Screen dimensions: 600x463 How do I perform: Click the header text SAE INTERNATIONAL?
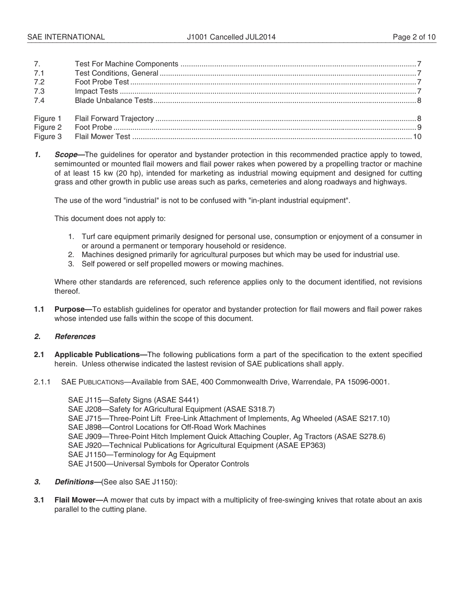click(x=66, y=37)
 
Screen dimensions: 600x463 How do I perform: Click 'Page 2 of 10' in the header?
click(x=414, y=37)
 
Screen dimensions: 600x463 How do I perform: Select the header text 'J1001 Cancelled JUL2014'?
click(x=231, y=37)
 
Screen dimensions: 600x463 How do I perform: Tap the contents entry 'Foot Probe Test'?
click(x=102, y=82)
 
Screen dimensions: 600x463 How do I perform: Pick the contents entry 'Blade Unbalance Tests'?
click(x=114, y=100)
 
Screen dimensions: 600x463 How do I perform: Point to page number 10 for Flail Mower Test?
click(x=417, y=137)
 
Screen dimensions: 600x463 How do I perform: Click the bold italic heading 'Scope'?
click(x=66, y=155)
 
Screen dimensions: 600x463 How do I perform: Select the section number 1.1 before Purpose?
click(x=39, y=309)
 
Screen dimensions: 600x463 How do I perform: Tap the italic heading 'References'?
click(x=75, y=337)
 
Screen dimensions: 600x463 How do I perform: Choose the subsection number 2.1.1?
click(x=42, y=382)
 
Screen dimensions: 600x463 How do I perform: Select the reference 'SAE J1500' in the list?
click(x=83, y=464)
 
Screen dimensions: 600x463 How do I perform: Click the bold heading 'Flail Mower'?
click(x=76, y=500)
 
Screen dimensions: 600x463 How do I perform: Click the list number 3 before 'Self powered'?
click(x=71, y=264)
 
